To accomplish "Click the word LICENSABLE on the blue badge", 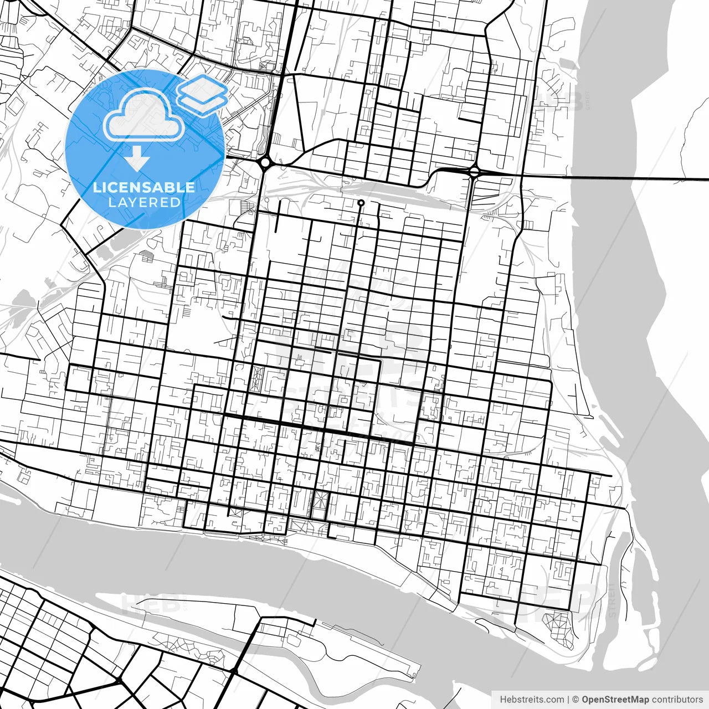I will [x=144, y=187].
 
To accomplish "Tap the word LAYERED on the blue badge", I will [x=144, y=202].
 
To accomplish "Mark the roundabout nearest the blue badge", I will [x=265, y=162].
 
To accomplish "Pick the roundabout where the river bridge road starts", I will [x=474, y=172].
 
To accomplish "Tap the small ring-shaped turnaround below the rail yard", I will [x=361, y=203].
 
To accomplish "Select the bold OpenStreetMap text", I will [x=615, y=700].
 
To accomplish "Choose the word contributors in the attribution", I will [x=677, y=700].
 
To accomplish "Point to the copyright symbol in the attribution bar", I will [x=576, y=700].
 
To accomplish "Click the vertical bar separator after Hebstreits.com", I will [x=568, y=700].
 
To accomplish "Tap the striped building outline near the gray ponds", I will [x=148, y=256].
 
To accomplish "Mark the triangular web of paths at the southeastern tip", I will [x=558, y=626].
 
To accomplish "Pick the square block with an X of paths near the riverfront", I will [x=320, y=502].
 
